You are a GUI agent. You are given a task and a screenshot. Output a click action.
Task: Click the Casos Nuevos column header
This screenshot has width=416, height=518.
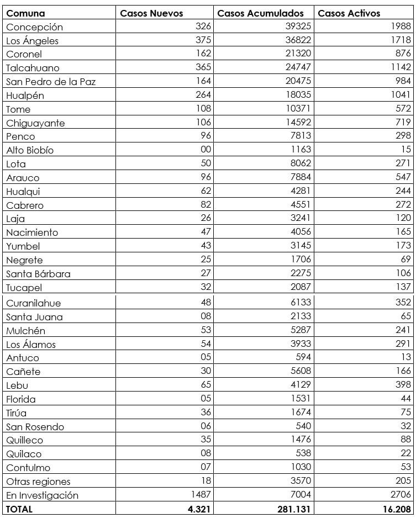[151, 13]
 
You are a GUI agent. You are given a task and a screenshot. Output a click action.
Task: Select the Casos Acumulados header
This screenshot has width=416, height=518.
[260, 13]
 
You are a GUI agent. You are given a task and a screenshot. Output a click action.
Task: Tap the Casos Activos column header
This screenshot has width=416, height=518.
[349, 13]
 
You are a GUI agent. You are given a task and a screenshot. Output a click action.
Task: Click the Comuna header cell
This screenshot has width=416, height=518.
[25, 13]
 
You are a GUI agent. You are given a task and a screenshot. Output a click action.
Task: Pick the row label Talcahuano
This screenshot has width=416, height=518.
[33, 68]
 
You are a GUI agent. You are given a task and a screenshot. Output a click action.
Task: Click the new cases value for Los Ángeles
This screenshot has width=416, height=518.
[203, 40]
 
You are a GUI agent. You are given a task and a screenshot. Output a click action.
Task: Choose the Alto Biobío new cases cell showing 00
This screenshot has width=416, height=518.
[206, 150]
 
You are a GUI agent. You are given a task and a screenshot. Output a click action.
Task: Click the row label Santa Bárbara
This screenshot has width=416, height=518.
[38, 274]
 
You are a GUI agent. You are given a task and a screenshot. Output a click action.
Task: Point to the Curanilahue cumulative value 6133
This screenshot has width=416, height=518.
[298, 303]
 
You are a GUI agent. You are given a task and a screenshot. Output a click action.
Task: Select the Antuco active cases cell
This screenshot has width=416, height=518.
[406, 357]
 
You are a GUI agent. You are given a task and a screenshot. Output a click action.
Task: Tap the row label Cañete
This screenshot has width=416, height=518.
[23, 372]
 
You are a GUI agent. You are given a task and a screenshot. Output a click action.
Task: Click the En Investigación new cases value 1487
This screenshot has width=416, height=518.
[201, 495]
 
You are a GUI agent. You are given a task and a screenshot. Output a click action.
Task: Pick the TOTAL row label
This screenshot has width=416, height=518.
[19, 509]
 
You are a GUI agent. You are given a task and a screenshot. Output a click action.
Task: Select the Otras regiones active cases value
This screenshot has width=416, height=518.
[403, 481]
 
